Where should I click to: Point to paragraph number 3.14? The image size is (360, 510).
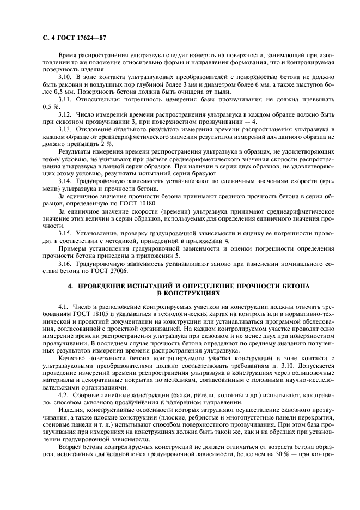pyautogui.click(x=65, y=179)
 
